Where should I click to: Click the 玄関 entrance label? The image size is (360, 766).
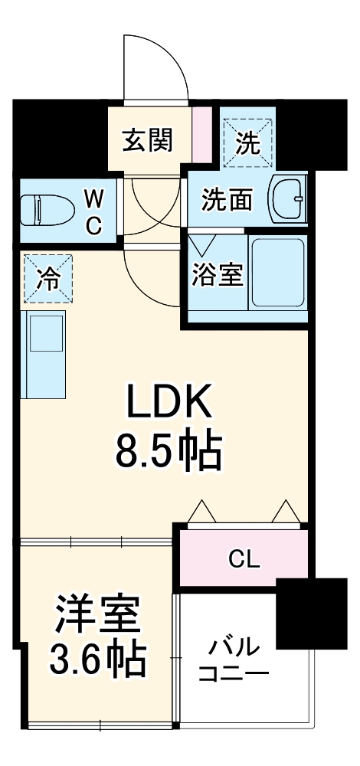tap(147, 139)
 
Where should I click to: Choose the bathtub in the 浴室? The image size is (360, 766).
tap(278, 272)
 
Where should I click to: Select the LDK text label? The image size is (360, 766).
tap(168, 401)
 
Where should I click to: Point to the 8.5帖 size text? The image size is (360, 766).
tap(169, 451)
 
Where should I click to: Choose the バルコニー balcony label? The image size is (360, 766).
tap(234, 662)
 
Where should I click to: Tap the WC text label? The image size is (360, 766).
tap(93, 213)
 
